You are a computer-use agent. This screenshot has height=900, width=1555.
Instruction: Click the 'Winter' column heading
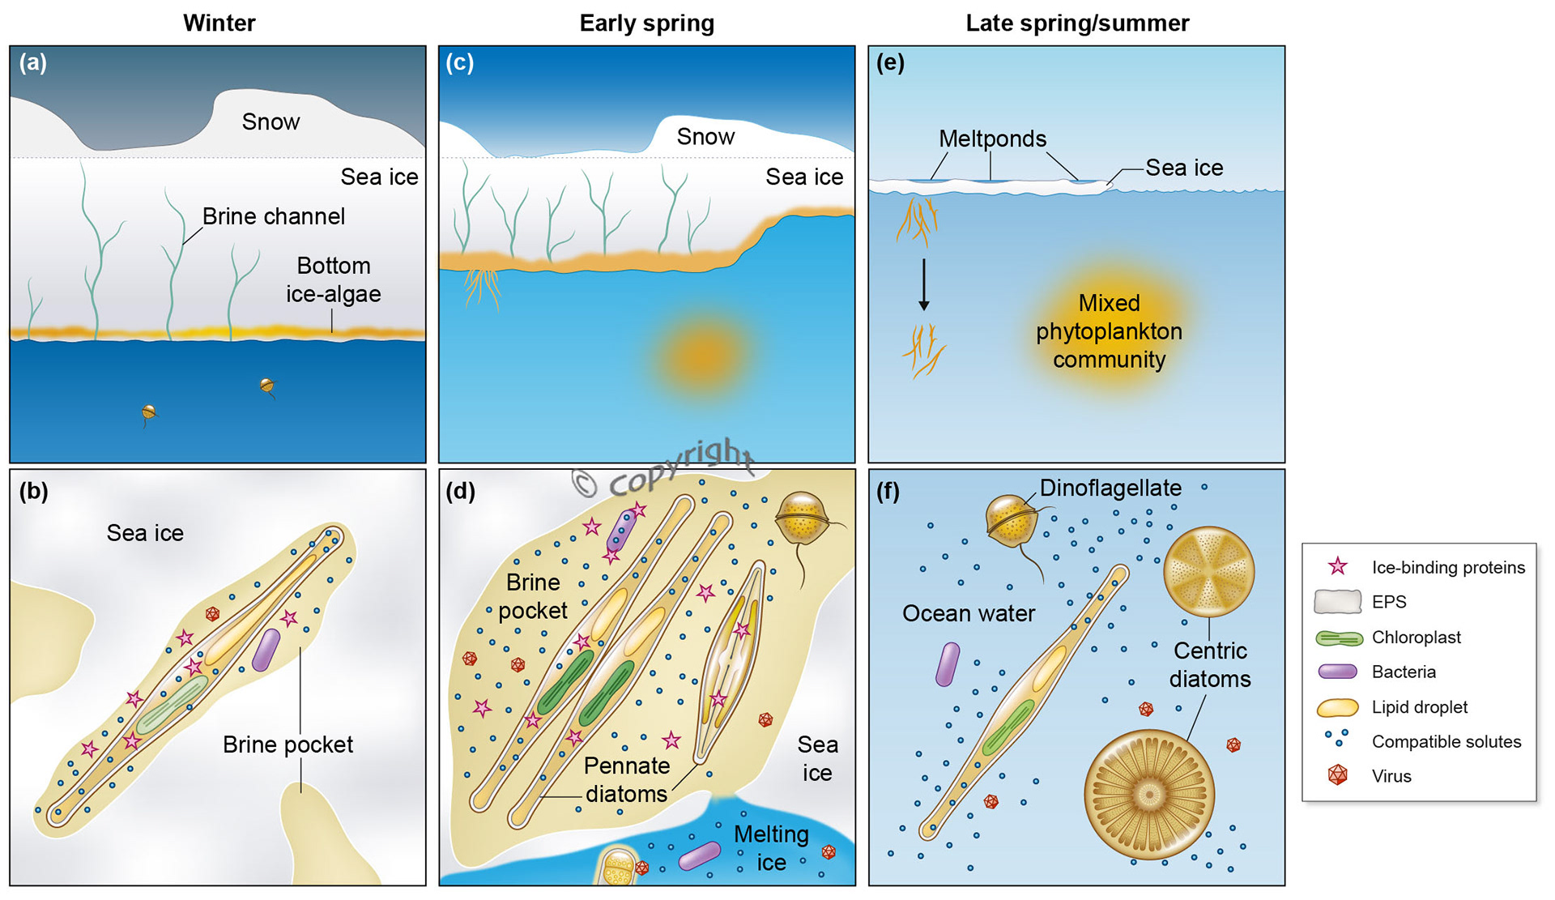(x=219, y=23)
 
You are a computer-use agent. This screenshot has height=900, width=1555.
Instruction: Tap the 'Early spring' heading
(x=646, y=23)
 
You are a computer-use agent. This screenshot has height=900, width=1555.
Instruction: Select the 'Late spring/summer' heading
(x=1077, y=23)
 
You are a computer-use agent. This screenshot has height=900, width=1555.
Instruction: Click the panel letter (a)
(x=33, y=62)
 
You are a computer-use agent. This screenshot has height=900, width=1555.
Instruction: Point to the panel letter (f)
(x=888, y=491)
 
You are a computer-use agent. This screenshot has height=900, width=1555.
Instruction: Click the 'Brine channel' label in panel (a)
(x=273, y=216)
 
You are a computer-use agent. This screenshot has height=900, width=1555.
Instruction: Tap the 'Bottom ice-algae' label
(x=333, y=279)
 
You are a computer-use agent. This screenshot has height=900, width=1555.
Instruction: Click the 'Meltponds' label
(x=992, y=139)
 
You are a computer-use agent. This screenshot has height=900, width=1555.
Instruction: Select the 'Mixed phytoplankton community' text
(x=1109, y=331)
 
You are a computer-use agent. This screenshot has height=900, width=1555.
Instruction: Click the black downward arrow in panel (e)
(x=923, y=284)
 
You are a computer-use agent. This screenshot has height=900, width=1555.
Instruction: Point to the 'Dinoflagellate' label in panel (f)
(x=1110, y=488)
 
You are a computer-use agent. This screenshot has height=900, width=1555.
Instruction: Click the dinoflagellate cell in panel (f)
(x=1012, y=521)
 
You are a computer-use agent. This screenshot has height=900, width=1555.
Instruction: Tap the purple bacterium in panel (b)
(x=266, y=650)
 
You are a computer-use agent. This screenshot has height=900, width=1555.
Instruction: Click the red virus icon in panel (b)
(x=212, y=614)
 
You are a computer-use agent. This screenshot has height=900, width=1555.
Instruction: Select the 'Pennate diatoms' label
(x=627, y=779)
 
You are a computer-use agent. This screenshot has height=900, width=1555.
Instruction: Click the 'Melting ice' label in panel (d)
(x=771, y=847)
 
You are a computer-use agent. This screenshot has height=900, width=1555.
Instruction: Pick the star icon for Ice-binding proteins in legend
(x=1338, y=566)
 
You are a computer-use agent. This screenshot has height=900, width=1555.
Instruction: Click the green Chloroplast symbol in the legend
(x=1338, y=638)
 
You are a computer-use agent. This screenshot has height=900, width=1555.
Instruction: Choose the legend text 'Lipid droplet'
(x=1419, y=707)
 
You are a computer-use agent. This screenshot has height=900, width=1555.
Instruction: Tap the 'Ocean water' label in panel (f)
(x=969, y=613)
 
